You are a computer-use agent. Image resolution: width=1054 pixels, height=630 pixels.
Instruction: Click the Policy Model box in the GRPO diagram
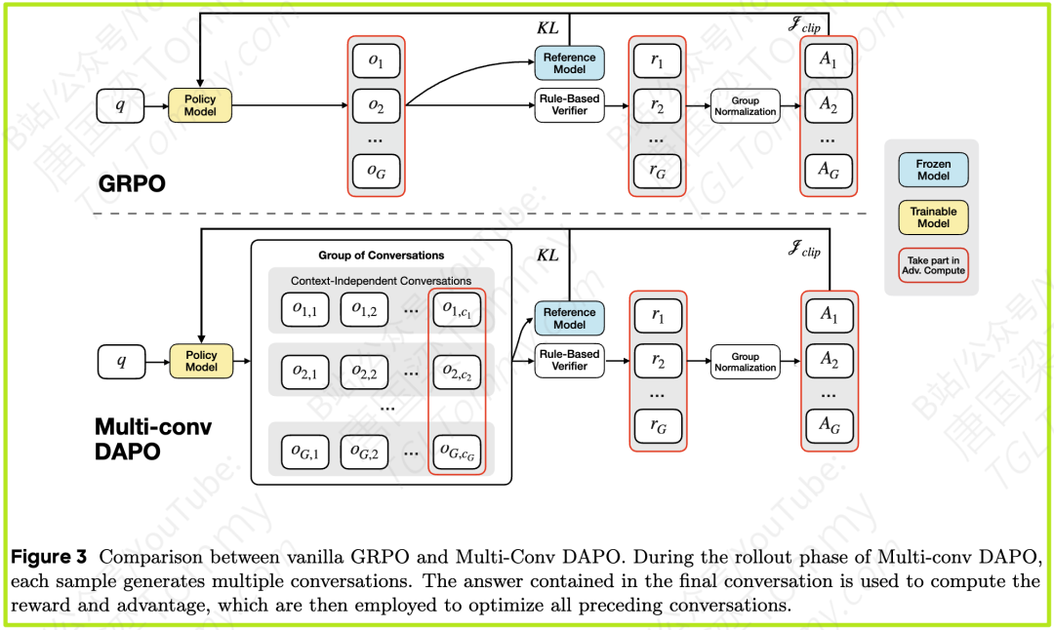(200, 105)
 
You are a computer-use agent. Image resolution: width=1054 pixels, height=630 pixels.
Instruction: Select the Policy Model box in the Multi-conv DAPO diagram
(201, 361)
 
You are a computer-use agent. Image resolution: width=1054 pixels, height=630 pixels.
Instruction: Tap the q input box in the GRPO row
(121, 105)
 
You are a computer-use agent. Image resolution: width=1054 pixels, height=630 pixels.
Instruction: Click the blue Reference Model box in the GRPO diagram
(569, 63)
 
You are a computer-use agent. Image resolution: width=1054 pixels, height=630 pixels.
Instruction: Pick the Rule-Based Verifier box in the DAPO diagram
(569, 361)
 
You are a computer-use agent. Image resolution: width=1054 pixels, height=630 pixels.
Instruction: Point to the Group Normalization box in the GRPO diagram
(745, 105)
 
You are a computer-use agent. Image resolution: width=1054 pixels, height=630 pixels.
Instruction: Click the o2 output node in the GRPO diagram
(376, 105)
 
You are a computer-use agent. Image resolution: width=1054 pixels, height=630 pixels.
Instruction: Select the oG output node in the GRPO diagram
(376, 172)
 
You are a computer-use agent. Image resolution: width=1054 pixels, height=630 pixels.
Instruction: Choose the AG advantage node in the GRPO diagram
(829, 172)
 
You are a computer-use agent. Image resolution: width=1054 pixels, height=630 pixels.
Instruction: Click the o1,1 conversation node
(305, 309)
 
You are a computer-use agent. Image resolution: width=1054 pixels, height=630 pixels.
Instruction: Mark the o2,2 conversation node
(364, 372)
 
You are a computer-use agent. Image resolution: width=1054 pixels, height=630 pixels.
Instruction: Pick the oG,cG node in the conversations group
(457, 452)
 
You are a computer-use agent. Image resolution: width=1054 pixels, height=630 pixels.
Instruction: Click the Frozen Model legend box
(933, 170)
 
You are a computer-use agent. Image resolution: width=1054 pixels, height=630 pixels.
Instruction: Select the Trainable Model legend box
(933, 217)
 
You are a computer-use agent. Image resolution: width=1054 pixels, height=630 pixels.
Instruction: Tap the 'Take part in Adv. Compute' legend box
(933, 263)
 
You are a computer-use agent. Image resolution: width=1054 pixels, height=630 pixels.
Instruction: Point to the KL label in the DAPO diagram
(548, 255)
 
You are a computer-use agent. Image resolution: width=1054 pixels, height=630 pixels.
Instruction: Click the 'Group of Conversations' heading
(381, 256)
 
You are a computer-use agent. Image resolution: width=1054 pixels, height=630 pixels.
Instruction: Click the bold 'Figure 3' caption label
(48, 558)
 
